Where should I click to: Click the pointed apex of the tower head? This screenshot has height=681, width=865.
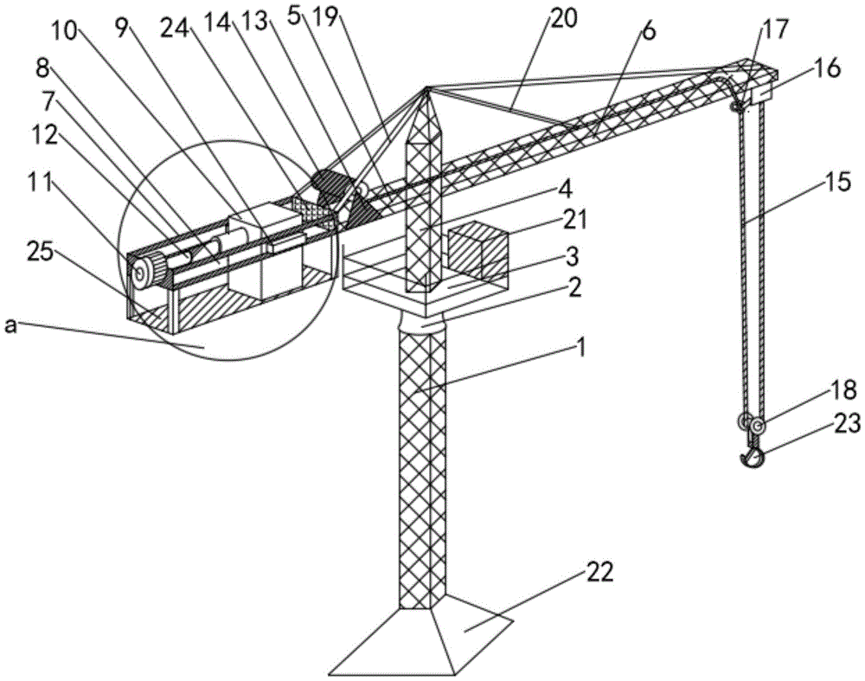(x=426, y=89)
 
